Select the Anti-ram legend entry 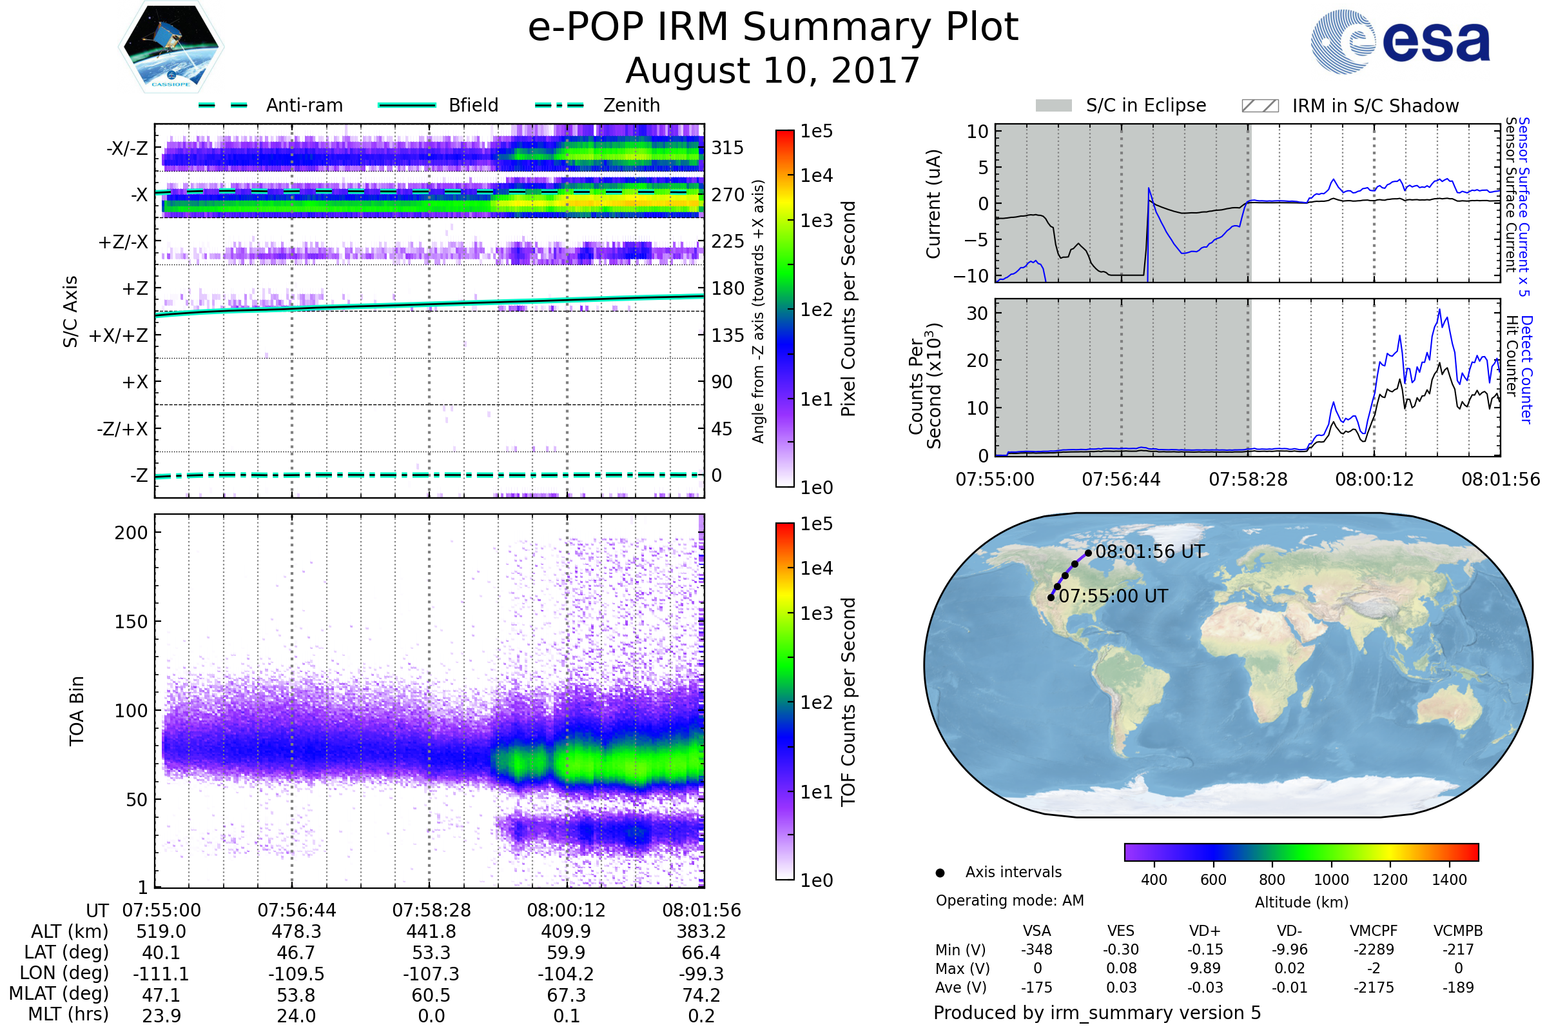coord(304,105)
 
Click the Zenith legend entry coord(631,105)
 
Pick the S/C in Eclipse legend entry coord(1145,105)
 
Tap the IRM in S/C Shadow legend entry coord(1375,106)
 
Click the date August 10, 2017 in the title coord(772,71)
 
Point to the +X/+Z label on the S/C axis coord(119,335)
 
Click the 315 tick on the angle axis coord(727,148)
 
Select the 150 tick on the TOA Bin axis coord(131,622)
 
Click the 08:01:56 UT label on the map coord(1150,551)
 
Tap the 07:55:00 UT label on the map coord(1113,596)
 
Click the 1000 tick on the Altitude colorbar coord(1330,880)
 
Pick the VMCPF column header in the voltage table coord(1374,931)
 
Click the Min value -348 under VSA coord(1036,949)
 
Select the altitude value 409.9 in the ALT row coord(567,931)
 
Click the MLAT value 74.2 coord(701,995)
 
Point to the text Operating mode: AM coord(1009,900)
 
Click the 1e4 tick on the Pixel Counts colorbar coord(816,175)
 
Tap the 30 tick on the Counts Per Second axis coord(977,313)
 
